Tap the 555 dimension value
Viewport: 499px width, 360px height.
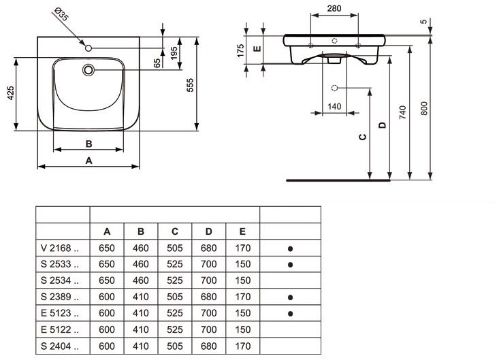(x=191, y=83)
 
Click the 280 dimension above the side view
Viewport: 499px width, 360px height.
(x=334, y=10)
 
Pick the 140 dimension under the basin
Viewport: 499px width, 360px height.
(x=334, y=106)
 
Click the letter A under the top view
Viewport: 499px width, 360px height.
(x=88, y=160)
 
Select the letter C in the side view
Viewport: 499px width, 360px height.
(x=363, y=137)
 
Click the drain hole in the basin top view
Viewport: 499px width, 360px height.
(x=88, y=69)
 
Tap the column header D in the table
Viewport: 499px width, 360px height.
(x=209, y=231)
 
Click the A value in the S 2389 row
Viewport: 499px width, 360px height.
(x=107, y=297)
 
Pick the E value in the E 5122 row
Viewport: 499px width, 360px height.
(x=243, y=329)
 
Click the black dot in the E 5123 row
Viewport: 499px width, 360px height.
(x=291, y=313)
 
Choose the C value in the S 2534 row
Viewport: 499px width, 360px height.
(x=175, y=280)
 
